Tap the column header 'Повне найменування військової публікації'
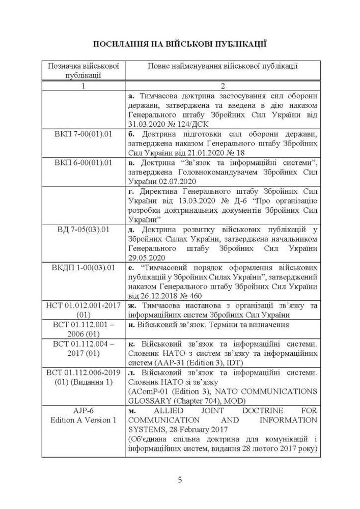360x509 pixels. [223, 66]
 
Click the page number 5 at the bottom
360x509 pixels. [180, 479]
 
